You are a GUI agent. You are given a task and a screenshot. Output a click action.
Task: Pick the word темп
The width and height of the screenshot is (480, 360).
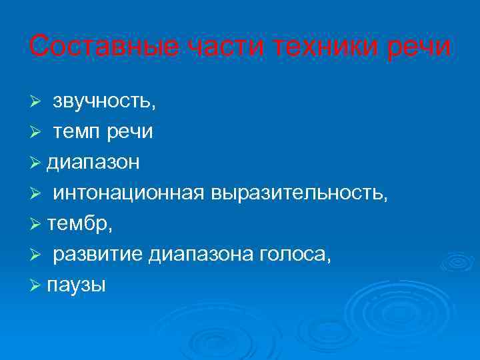pos(76,132)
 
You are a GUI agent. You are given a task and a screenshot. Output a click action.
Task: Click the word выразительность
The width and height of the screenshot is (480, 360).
pos(297,193)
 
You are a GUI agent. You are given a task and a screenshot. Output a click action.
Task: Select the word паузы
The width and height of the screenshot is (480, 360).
pos(77,285)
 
